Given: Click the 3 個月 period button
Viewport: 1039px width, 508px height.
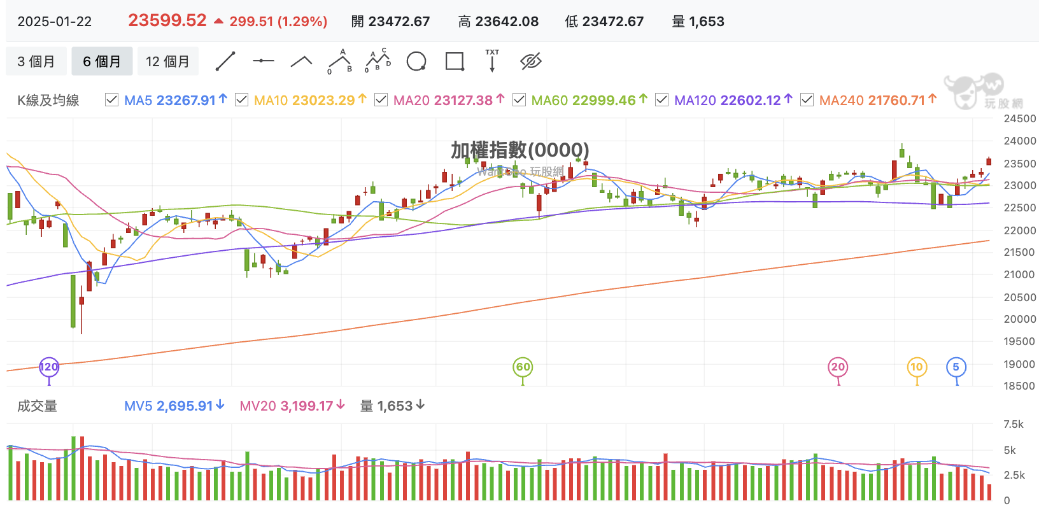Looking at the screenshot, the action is coord(36,61).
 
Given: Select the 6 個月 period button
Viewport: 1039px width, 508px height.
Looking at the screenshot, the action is coord(102,61).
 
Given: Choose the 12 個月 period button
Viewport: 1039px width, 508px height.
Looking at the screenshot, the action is coord(168,61).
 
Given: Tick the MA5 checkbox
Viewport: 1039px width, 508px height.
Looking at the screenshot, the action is coord(112,100).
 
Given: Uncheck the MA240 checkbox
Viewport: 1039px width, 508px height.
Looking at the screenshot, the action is coord(807,100).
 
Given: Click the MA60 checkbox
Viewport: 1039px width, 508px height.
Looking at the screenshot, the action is coord(519,100).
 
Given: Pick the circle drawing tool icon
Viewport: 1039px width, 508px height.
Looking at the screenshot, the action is coord(416,61).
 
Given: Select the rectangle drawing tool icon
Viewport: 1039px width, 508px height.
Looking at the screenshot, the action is coord(455,61).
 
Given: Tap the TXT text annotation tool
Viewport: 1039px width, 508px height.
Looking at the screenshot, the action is coord(492,60).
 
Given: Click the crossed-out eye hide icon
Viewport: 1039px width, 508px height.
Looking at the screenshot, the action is coord(530,61).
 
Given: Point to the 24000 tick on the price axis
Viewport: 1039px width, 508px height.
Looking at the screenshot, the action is coord(1019,141).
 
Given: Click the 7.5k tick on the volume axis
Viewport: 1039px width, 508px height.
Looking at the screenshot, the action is coord(1013,425).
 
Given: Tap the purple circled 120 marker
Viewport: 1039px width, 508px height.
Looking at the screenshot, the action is coord(49,367).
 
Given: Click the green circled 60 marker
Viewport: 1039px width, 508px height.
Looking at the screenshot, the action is coord(523,367).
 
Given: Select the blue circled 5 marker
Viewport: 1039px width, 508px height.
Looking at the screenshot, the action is coord(956,367).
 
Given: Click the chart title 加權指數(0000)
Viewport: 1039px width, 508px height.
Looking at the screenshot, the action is coord(520,150).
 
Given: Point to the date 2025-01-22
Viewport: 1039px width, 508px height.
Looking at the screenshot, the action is coord(55,22).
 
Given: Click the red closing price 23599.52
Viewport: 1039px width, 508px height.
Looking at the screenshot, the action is coord(167,20).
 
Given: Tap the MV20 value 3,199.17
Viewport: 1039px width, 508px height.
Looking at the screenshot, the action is coord(307,406).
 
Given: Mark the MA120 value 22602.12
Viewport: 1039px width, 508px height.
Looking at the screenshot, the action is coord(751,100).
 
